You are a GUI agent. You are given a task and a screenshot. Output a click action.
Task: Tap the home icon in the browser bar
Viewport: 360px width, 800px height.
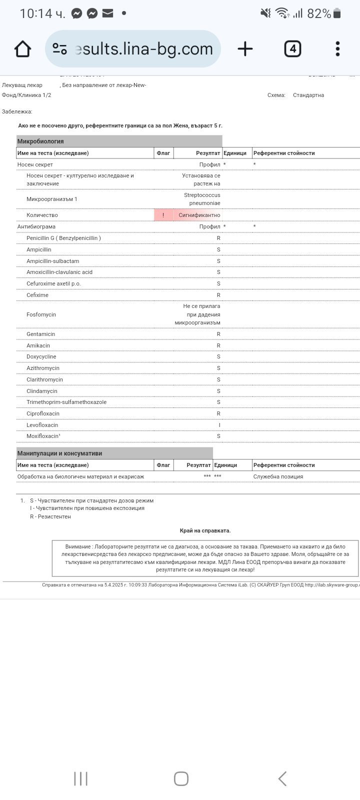pyautogui.click(x=22, y=49)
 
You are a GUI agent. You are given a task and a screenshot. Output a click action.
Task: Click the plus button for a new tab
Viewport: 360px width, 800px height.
pyautogui.click(x=245, y=49)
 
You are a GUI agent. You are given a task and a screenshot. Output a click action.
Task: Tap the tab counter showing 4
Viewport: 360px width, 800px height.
pyautogui.click(x=292, y=49)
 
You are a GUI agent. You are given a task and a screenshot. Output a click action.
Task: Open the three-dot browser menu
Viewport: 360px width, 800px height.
pyautogui.click(x=337, y=49)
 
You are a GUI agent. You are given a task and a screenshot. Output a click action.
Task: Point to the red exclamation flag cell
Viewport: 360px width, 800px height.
pyautogui.click(x=163, y=215)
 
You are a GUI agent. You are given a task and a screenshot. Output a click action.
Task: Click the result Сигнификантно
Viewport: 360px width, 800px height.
pyautogui.click(x=199, y=215)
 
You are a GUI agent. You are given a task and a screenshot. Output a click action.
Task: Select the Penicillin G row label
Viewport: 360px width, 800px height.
pyautogui.click(x=63, y=238)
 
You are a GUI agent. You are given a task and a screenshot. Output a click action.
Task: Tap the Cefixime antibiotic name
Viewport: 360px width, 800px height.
pyautogui.click(x=37, y=295)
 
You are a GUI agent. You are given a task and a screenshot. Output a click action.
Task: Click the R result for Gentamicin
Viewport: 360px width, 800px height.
pyautogui.click(x=218, y=334)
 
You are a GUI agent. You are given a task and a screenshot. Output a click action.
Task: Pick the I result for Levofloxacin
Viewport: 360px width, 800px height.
pyautogui.click(x=219, y=425)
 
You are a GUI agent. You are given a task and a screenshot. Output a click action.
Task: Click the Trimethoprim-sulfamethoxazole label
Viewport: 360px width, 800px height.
pyautogui.click(x=66, y=402)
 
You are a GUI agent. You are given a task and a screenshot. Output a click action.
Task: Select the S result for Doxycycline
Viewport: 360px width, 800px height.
pyautogui.click(x=218, y=356)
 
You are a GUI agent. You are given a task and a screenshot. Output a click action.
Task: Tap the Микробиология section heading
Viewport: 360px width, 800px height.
pyautogui.click(x=40, y=141)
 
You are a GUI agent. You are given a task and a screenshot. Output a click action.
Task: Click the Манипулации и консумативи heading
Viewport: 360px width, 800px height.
pyautogui.click(x=59, y=453)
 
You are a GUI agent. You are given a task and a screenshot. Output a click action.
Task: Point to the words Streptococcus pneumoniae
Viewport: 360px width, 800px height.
pyautogui.click(x=202, y=199)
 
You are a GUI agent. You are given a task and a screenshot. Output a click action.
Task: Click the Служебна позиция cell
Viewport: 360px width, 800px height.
pyautogui.click(x=278, y=476)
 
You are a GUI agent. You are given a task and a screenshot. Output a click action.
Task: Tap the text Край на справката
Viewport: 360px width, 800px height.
pyautogui.click(x=205, y=530)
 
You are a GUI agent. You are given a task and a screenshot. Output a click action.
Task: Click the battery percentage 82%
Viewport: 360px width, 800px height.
pyautogui.click(x=319, y=13)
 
